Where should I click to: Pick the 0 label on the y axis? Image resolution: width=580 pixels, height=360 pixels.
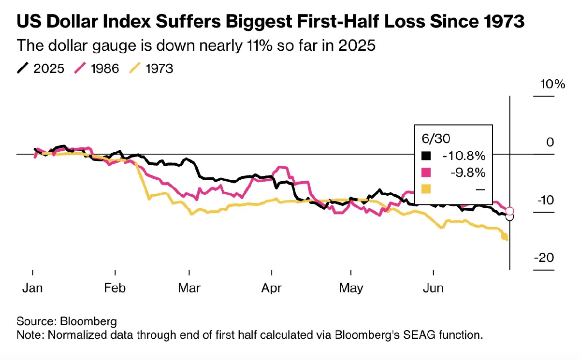(550, 143)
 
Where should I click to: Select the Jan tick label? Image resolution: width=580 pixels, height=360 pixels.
(32, 288)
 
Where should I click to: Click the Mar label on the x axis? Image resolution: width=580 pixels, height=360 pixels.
(189, 288)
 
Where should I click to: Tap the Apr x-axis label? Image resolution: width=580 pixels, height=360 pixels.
(272, 288)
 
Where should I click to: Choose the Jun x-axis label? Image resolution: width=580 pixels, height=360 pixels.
(433, 288)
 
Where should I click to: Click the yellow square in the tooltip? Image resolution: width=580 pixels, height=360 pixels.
(426, 188)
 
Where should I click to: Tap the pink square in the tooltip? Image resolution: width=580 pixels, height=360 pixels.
(426, 173)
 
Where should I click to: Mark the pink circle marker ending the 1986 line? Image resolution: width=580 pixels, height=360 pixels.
(509, 211)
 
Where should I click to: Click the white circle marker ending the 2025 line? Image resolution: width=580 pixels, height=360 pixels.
(509, 217)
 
